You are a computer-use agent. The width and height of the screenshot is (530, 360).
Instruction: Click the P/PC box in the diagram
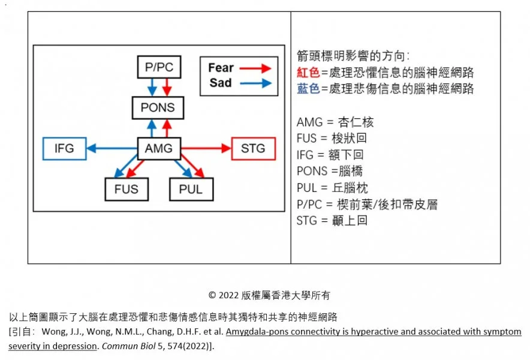tap(158, 67)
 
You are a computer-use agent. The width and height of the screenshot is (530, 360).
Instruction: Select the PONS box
tap(158, 108)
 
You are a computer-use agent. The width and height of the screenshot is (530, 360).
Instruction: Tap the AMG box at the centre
tap(158, 148)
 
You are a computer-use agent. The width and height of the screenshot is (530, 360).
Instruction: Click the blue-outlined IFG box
tap(64, 148)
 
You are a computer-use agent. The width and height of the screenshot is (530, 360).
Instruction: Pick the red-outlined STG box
tap(252, 148)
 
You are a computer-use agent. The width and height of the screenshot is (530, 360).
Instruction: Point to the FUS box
tap(127, 189)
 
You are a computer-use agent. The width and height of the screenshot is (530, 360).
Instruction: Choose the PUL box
tap(191, 189)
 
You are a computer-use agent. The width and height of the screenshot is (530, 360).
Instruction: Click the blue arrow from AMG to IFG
tap(112, 148)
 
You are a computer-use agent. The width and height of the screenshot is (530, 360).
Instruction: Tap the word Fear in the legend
tap(221, 68)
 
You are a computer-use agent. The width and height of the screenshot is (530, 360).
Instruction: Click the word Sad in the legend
tap(220, 83)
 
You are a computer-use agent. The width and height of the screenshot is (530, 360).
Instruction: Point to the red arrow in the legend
tap(255, 68)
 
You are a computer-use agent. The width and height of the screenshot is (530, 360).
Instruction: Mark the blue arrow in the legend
tap(255, 84)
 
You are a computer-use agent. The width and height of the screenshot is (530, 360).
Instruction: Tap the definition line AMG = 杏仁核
tap(335, 122)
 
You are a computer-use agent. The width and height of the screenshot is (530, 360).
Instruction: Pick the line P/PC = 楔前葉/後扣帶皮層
tap(366, 204)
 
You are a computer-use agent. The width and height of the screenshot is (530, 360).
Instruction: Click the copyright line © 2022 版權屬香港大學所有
tap(269, 295)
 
